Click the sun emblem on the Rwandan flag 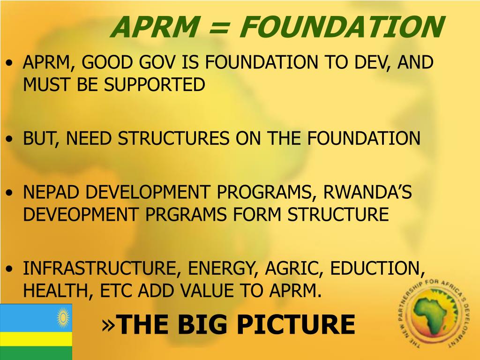tap(62, 318)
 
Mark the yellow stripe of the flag tap(36, 339)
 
